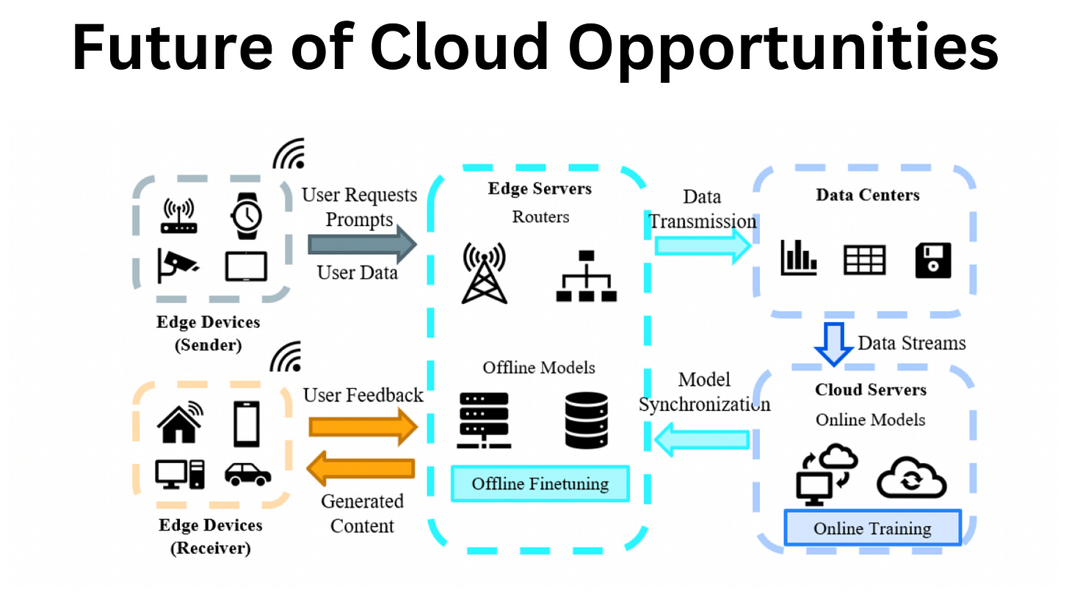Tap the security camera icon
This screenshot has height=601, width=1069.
[177, 266]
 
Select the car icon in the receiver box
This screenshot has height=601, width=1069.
[247, 473]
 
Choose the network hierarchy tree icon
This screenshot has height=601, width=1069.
[586, 276]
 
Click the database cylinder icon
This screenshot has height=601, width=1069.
[587, 420]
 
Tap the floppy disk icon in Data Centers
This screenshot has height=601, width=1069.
[933, 261]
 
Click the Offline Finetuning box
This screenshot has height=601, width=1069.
[540, 484]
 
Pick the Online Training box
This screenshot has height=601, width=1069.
[872, 528]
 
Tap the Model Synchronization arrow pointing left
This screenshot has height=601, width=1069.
[701, 440]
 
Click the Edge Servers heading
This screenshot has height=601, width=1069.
[540, 189]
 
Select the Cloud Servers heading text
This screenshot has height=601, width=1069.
[870, 390]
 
